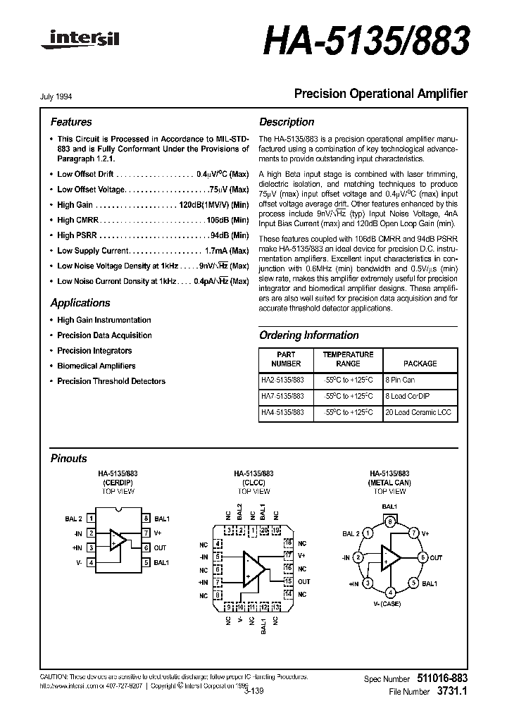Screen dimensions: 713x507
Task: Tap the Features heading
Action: (70, 122)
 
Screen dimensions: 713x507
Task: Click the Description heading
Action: (287, 122)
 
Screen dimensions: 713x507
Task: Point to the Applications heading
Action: (80, 303)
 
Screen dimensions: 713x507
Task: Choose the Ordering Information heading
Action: (308, 335)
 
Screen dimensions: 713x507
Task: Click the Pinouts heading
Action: (69, 458)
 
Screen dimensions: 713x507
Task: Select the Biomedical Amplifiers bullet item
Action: (96, 366)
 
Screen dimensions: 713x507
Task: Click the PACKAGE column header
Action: (420, 364)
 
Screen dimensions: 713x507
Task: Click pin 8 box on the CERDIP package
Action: (146, 519)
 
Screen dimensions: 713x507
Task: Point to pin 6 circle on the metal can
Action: (423, 557)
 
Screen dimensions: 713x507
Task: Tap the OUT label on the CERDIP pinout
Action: (161, 547)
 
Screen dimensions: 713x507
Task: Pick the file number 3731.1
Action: (451, 692)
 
